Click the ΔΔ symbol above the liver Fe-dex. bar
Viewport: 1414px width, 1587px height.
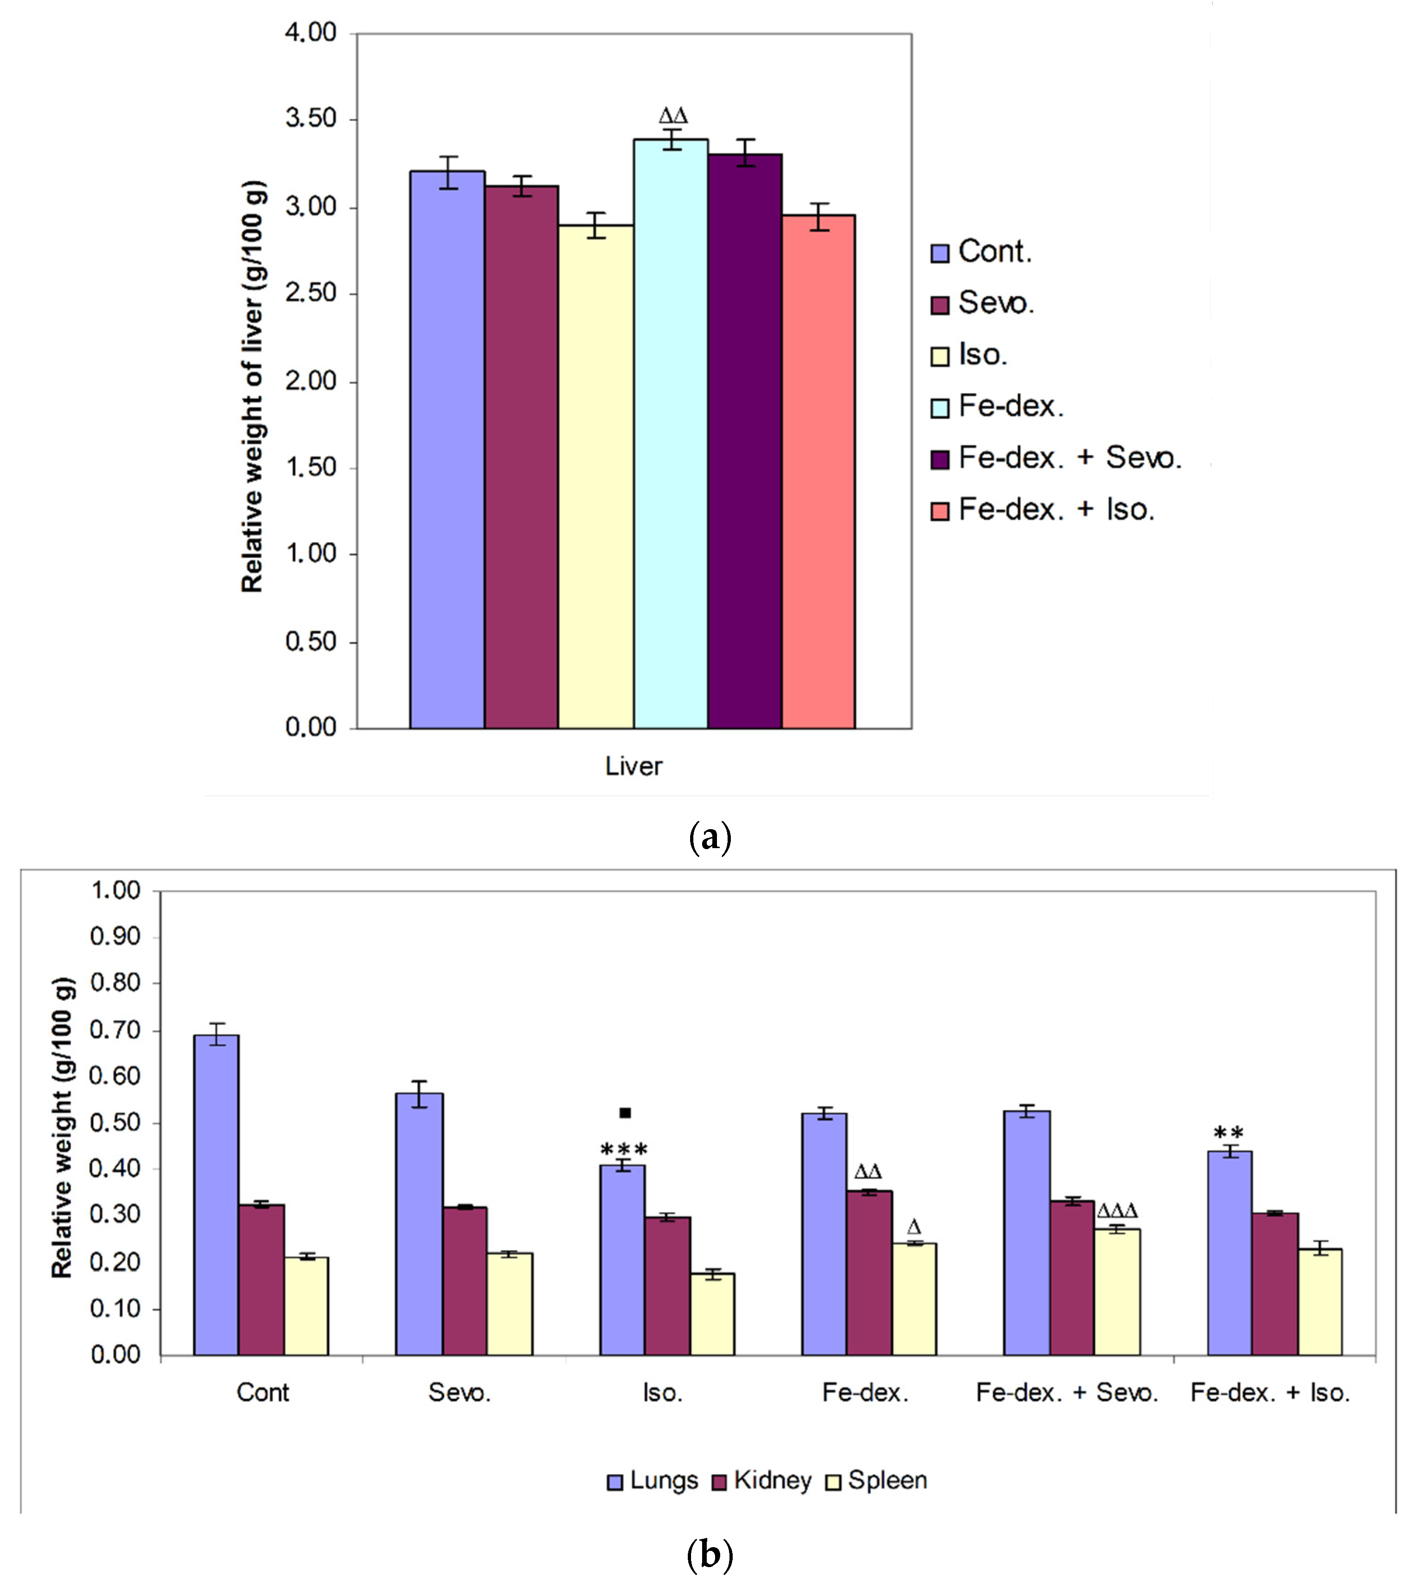pos(673,117)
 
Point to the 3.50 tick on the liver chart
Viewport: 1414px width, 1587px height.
pos(311,119)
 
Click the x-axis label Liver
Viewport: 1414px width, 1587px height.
pos(633,766)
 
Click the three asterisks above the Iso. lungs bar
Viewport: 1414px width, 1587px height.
pos(624,1150)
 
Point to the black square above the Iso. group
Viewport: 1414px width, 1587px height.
pos(625,1113)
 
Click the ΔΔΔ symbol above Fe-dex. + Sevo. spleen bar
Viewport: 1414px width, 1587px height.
pos(1117,1211)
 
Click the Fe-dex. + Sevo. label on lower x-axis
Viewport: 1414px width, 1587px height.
pos(1067,1393)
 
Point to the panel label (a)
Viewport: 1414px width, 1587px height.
pos(710,838)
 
